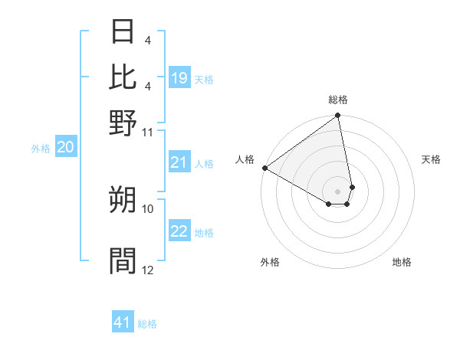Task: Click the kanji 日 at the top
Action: pos(123,33)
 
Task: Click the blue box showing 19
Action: pos(179,77)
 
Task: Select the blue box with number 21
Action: pos(179,162)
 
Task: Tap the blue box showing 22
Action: pos(179,231)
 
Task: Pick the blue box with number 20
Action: pos(65,148)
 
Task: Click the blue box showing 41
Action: pos(123,322)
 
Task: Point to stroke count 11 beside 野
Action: pos(148,132)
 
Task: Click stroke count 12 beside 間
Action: pos(148,270)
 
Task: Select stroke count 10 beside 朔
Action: pos(148,208)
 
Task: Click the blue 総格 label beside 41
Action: pos(147,324)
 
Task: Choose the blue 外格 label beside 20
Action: pos(40,149)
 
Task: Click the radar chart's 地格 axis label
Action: pos(402,262)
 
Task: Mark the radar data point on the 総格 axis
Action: pos(337,116)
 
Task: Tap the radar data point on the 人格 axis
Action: pos(264,168)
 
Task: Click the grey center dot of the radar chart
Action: pos(337,191)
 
